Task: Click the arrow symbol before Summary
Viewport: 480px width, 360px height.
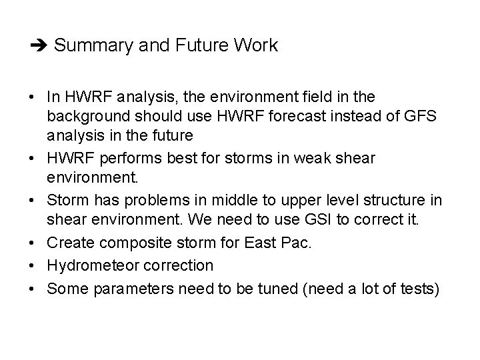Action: tap(39, 46)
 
